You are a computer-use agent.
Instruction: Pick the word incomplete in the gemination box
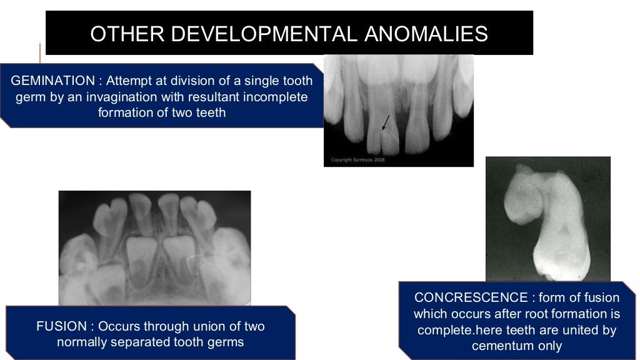click(x=276, y=97)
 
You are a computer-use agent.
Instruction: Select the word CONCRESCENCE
click(x=471, y=297)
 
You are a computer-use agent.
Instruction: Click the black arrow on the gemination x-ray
click(x=385, y=122)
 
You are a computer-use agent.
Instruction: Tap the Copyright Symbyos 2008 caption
click(x=354, y=161)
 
